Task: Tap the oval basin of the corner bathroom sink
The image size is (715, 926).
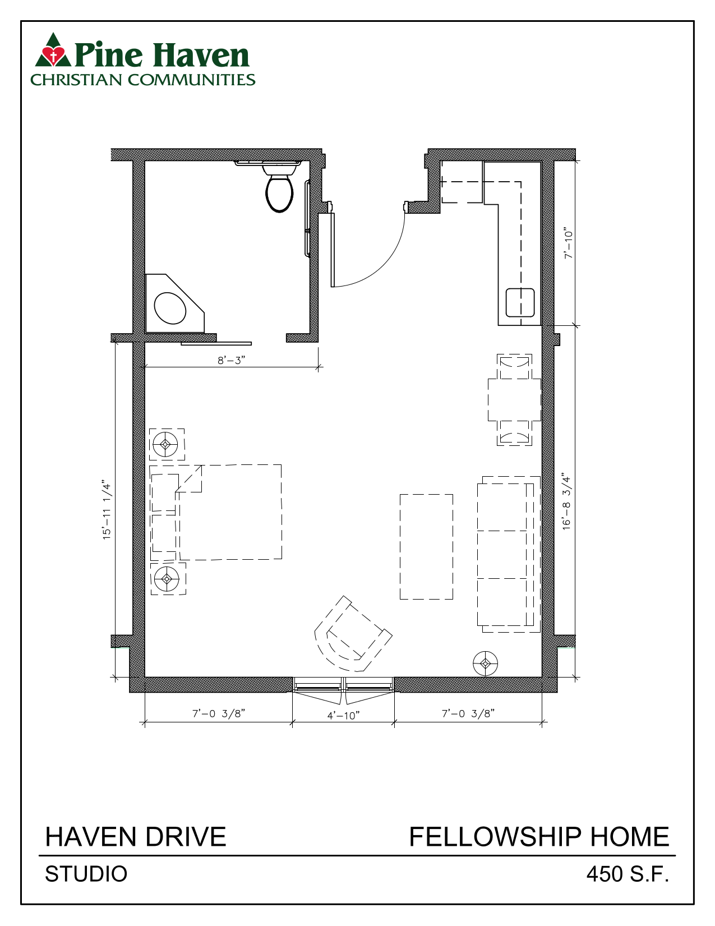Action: [x=169, y=308]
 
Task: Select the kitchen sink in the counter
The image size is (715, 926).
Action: [x=520, y=303]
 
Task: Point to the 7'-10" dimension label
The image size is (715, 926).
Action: [x=569, y=243]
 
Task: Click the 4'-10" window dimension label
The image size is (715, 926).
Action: [x=343, y=715]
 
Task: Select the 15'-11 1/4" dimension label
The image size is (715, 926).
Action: [x=107, y=509]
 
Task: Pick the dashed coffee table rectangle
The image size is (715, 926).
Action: [x=426, y=546]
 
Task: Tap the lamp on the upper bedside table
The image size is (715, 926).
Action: [x=165, y=445]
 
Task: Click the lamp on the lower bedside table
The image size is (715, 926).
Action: [x=167, y=578]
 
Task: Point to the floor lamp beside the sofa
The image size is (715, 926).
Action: [x=486, y=664]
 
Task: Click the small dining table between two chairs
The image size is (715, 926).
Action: [x=514, y=399]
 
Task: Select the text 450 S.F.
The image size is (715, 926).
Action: [x=628, y=874]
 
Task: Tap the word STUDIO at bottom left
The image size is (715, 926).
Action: [x=86, y=874]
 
